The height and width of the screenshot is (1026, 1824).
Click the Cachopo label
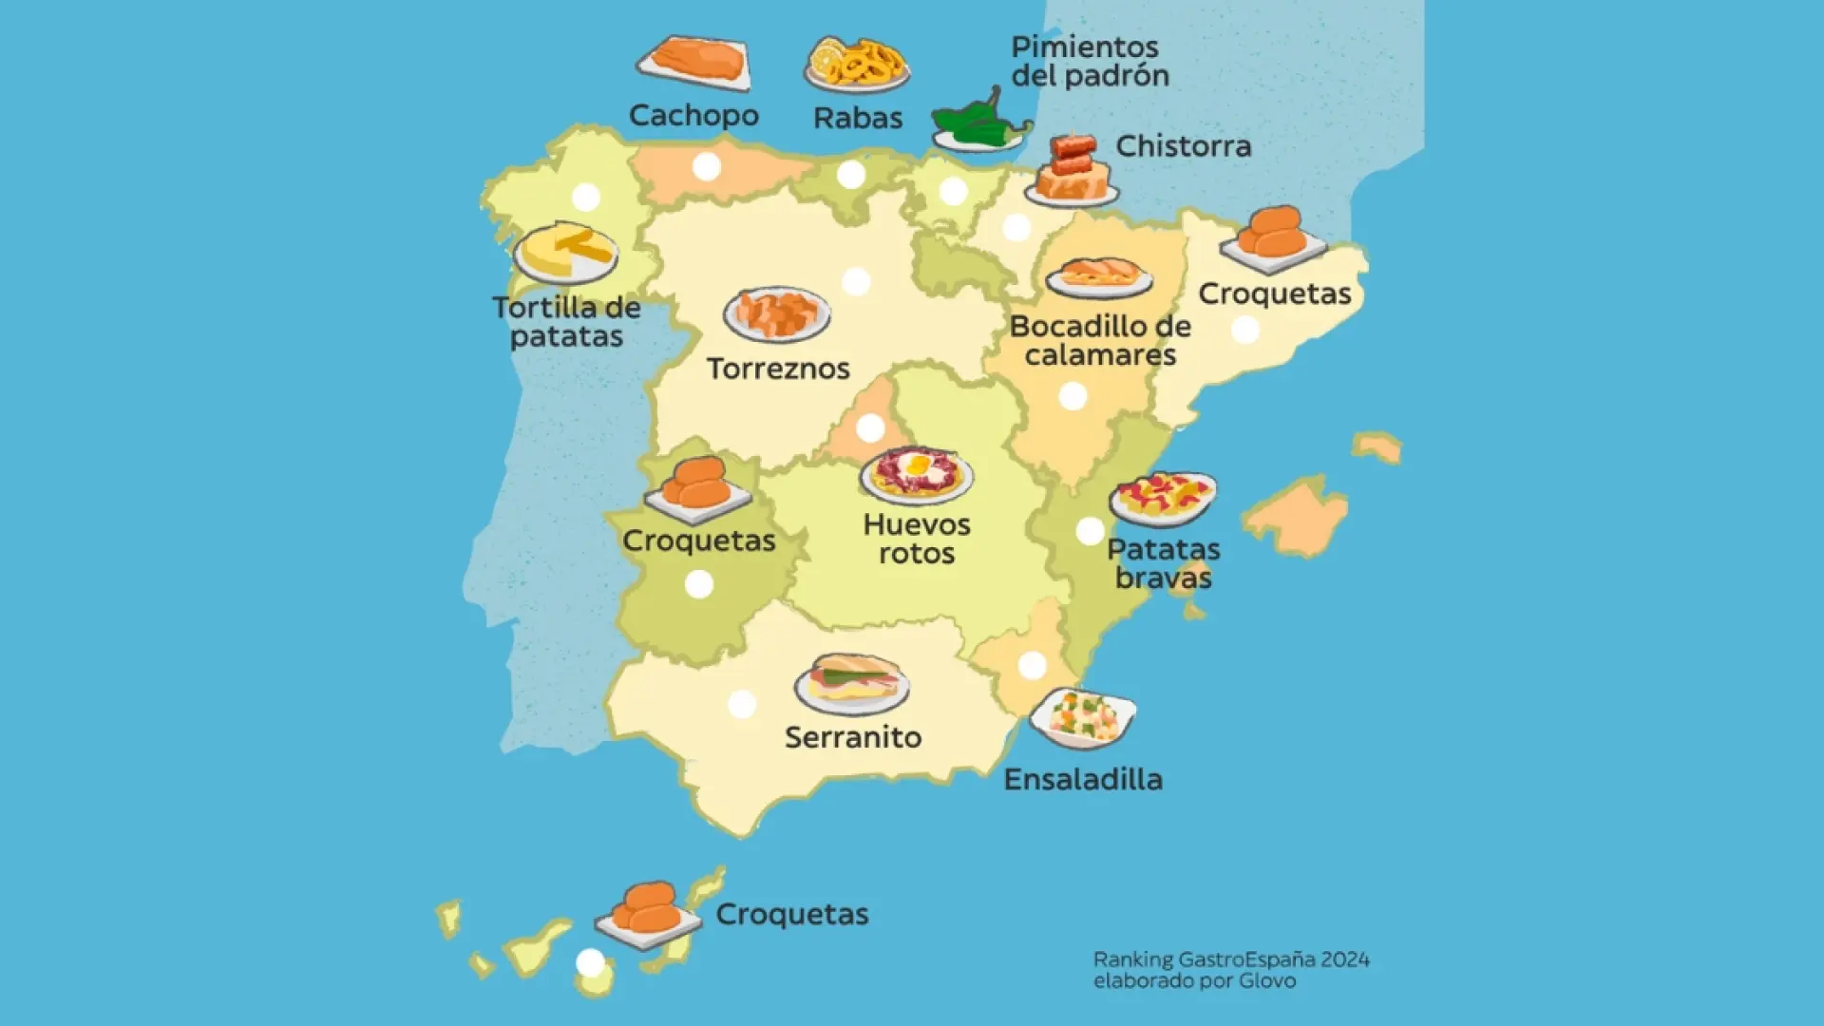693,116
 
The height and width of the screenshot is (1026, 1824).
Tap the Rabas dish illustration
857,66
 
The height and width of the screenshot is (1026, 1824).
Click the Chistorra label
1183,146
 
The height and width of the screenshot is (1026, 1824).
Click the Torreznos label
778,369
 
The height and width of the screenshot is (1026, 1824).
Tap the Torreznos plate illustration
777,313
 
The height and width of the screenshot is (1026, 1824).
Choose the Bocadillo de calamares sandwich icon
1099,276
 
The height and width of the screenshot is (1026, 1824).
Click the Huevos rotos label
917,539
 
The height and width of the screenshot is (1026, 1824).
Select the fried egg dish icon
917,474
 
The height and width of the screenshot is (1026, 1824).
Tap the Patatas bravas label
1163,563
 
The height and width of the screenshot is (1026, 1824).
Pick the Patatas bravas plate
1163,498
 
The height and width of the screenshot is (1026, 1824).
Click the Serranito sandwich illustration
852,683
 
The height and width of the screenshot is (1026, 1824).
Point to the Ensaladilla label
1083,780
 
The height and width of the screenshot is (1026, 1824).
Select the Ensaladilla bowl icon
1083,717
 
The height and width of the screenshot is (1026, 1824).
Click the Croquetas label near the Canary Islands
791,914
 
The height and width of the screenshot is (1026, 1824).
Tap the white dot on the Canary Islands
590,962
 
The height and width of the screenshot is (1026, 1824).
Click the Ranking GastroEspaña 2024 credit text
1231,970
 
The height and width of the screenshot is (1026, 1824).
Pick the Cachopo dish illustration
694,63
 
